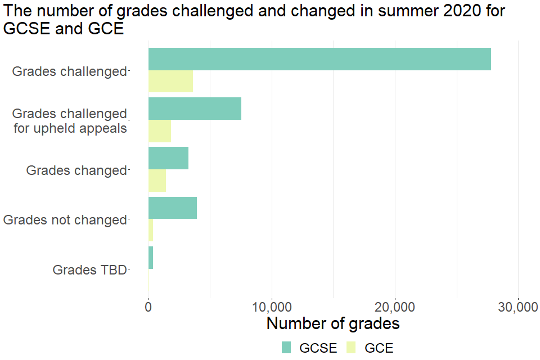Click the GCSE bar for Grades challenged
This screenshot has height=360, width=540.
(319, 59)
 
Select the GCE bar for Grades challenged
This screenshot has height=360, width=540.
(170, 82)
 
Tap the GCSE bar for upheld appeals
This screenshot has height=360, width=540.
(195, 109)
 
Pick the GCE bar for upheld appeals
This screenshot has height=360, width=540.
(160, 131)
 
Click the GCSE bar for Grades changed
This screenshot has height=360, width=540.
(168, 158)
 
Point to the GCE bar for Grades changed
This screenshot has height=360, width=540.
(157, 181)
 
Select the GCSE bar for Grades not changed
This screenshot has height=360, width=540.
(173, 208)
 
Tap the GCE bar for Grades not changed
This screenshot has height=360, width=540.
(151, 230)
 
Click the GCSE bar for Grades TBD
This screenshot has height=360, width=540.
(151, 257)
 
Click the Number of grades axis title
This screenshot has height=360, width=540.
(333, 324)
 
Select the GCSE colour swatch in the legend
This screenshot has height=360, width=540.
(287, 348)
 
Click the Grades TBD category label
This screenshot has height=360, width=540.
(90, 270)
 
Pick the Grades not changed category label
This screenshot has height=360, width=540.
(65, 220)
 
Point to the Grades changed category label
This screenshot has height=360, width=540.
(76, 170)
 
